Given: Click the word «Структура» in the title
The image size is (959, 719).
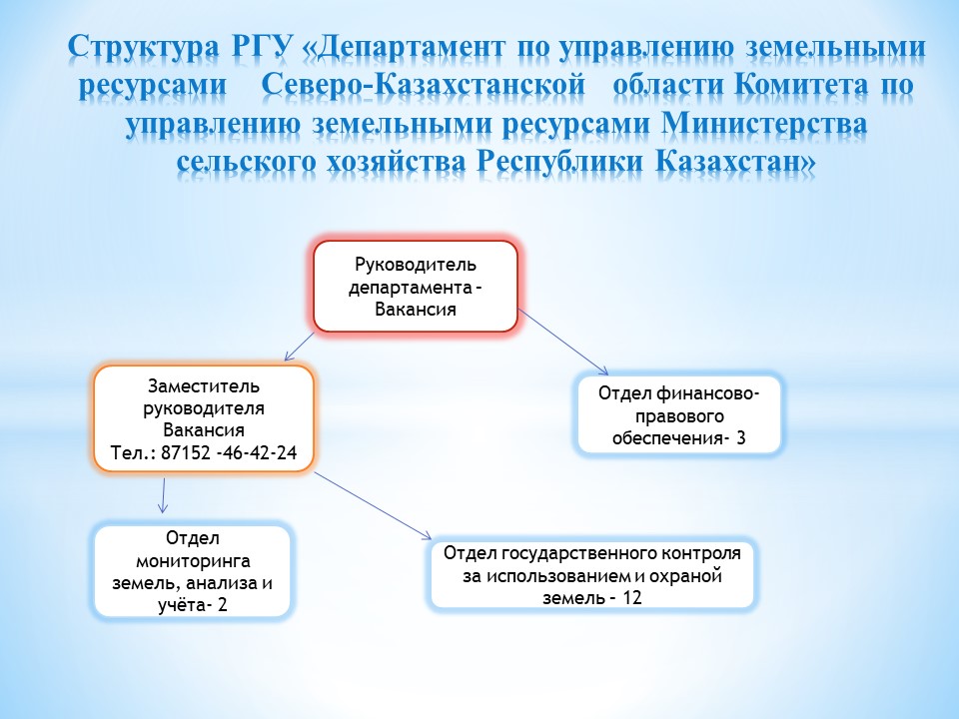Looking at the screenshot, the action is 143,47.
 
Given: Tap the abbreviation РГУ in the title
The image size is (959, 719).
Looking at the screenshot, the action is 261,46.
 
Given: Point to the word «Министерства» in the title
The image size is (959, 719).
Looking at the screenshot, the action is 764,124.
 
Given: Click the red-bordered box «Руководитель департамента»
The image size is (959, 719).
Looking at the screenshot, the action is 416,287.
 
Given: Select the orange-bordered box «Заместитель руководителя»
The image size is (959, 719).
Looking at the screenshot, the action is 204,418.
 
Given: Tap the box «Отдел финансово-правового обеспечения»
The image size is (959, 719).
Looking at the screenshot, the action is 679,415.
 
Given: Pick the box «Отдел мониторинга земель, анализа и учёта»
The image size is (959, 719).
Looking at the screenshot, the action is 192,571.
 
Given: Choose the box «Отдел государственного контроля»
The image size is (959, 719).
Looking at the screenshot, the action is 592,575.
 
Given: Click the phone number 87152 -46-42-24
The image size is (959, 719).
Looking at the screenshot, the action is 229,452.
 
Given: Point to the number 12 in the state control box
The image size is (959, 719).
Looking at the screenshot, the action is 631,597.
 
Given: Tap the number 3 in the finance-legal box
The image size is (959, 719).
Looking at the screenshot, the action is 740,437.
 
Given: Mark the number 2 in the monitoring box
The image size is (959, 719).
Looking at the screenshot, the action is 222,605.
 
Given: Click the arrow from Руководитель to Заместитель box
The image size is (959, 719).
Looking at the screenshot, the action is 299,347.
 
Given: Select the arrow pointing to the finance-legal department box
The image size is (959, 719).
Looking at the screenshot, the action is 563,342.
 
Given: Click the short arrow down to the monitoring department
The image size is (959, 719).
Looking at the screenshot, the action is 163,495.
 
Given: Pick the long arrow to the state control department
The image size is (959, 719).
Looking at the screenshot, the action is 373,505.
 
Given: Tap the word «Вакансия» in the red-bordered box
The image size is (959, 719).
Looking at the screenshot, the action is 416,309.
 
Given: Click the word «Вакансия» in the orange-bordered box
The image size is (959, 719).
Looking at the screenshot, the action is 204,429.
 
